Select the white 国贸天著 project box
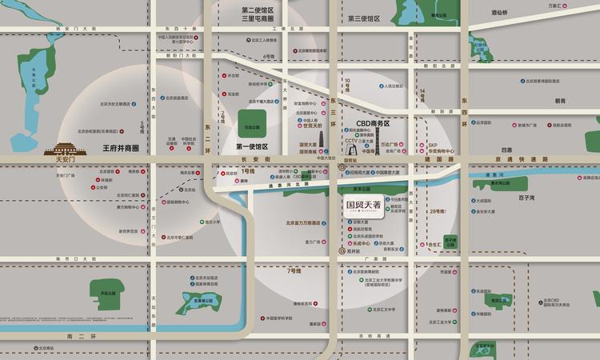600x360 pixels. (362, 205)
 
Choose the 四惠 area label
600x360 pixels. (506, 150)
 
